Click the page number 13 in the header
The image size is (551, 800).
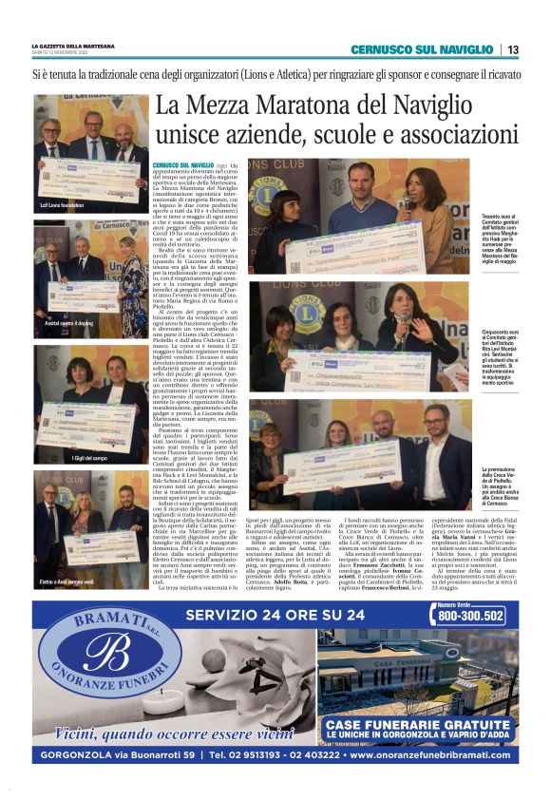pos(512,49)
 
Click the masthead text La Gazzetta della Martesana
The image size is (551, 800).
pos(73,45)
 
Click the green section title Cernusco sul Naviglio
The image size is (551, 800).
pos(421,49)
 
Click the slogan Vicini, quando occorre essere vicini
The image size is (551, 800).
pos(161,733)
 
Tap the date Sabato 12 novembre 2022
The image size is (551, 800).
pos(66,51)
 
